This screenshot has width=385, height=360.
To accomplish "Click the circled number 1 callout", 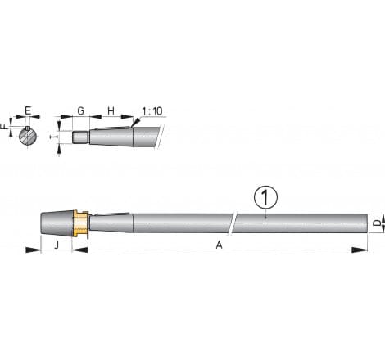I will tap(264, 197).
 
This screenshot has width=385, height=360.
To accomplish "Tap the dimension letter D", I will tap(376, 222).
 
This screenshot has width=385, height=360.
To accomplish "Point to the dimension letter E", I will tap(28, 110).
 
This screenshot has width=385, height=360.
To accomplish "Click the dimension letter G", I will tap(80, 110).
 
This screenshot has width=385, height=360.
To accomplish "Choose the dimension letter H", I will tap(111, 110).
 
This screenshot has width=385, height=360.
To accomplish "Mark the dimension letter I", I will tap(55, 138).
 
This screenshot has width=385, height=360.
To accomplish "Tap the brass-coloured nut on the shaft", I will tap(79, 222).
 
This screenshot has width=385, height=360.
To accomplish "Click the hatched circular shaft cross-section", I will tap(28, 135).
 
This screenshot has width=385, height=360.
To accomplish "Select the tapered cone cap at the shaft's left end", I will tap(57, 222).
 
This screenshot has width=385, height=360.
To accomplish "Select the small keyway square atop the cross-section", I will tap(28, 128).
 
